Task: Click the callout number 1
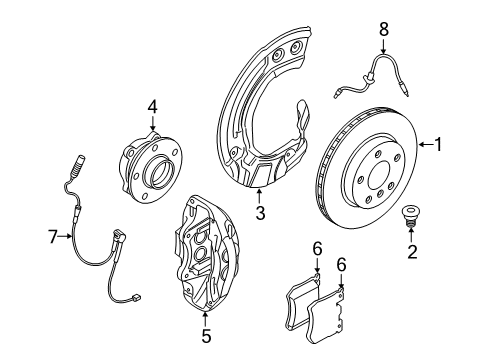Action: [437, 145]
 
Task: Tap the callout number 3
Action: [259, 213]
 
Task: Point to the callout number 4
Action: [152, 106]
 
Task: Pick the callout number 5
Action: [206, 337]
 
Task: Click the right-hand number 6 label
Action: [341, 267]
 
